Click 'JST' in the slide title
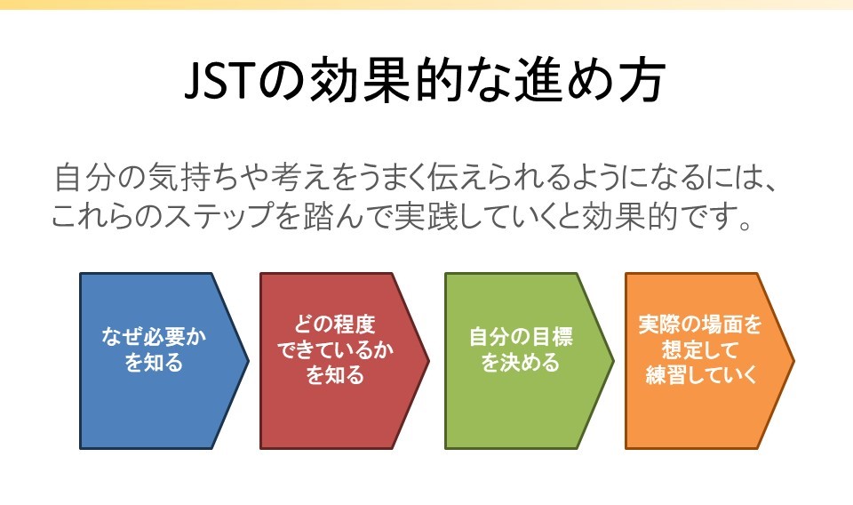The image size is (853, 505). click(219, 81)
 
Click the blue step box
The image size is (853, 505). click(164, 361)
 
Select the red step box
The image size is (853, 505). click(345, 361)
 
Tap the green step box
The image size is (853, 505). click(530, 361)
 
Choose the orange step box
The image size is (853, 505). click(709, 361)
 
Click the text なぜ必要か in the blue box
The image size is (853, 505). click(154, 336)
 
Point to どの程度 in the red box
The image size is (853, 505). click(335, 325)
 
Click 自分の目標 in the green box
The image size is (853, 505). click(521, 336)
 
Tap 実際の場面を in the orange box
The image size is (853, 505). click(700, 325)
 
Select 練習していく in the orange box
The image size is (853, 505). click(701, 375)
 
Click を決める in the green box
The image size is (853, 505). click(521, 362)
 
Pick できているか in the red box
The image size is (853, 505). click(335, 349)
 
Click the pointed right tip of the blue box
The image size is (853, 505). click(249, 360)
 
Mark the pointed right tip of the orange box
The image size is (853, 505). click(794, 360)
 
